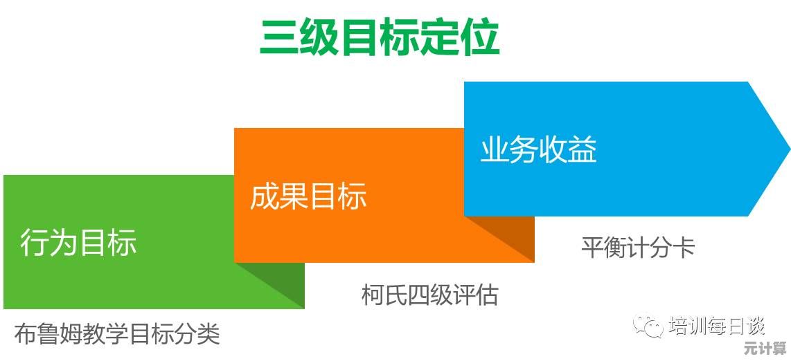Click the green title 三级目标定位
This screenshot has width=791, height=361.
pyautogui.click(x=380, y=37)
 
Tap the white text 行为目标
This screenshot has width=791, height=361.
pyautogui.click(x=79, y=243)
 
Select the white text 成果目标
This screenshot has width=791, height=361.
pyautogui.click(x=308, y=196)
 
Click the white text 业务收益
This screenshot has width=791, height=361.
pyautogui.click(x=538, y=149)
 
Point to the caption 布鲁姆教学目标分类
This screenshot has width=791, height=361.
pyautogui.click(x=118, y=334)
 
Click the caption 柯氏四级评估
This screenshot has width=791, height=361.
pyautogui.click(x=430, y=295)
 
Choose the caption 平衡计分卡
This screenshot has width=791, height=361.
pyautogui.click(x=638, y=247)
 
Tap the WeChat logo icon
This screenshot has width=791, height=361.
pyautogui.click(x=649, y=326)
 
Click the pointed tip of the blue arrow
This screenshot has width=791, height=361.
pyautogui.click(x=789, y=149)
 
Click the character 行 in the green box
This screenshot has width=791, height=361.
pyautogui.click(x=35, y=243)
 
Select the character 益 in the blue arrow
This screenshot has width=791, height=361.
pyautogui.click(x=583, y=149)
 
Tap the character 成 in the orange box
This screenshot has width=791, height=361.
pyautogui.click(x=265, y=196)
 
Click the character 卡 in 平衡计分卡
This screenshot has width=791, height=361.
pyautogui.click(x=684, y=247)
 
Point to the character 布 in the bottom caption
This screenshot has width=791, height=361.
pyautogui.click(x=25, y=334)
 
